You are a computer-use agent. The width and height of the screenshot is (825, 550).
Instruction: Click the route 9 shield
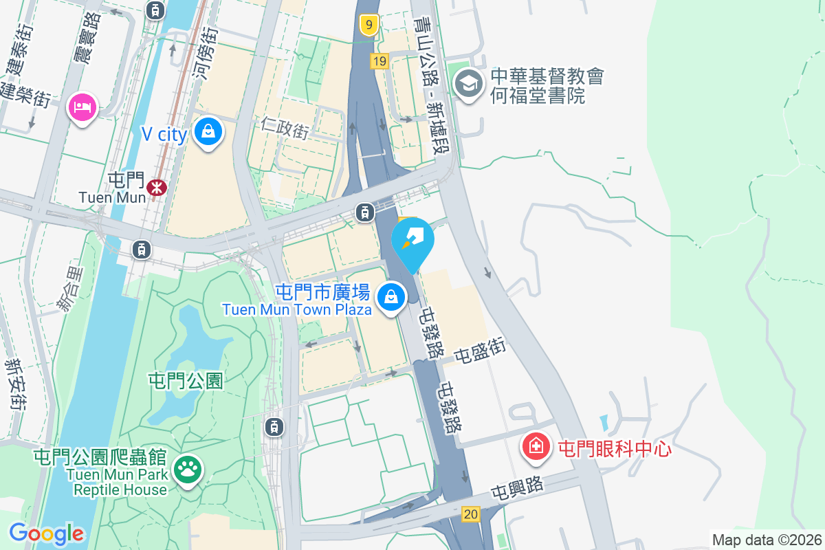tap(369, 26)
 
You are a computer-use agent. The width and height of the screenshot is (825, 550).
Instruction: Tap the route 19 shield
tap(379, 62)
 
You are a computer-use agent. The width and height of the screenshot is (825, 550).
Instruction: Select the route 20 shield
tap(471, 514)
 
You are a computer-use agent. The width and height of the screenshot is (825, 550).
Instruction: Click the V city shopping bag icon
tap(208, 131)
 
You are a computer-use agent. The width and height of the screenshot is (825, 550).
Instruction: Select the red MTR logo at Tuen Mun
tap(157, 186)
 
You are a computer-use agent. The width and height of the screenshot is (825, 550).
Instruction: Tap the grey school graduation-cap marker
tap(469, 84)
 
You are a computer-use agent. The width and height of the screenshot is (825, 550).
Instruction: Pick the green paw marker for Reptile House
tap(187, 470)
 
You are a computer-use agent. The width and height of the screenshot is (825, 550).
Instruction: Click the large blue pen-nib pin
tap(412, 241)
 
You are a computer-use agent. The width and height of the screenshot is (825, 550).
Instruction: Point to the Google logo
tap(46, 533)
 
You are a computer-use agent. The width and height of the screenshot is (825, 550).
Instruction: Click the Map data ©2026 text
tap(767, 540)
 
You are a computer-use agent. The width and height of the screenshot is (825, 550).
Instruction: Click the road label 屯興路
tap(516, 487)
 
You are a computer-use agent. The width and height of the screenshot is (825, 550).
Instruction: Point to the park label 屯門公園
tap(186, 380)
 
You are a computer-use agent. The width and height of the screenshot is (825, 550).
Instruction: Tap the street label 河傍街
tap(205, 52)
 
